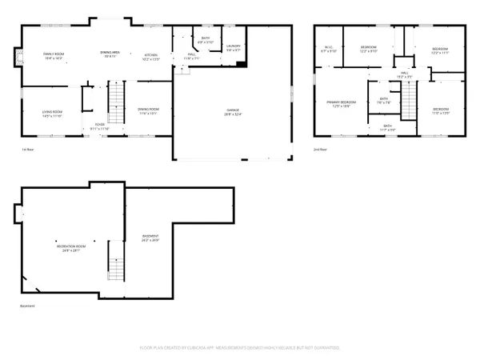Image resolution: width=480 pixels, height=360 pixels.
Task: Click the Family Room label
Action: [x=54, y=55]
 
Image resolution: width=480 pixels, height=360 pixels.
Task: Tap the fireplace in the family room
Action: [x=14, y=58]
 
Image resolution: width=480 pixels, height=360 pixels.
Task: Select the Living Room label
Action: [x=52, y=113]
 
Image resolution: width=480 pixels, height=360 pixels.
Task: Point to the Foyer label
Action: [x=100, y=126]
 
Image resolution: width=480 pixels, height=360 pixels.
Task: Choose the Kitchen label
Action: [x=150, y=55]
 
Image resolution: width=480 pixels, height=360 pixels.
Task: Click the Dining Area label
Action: [x=110, y=54]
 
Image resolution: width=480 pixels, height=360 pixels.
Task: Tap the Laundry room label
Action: [x=234, y=49]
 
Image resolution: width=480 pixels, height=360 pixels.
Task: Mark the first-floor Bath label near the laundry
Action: [x=206, y=40]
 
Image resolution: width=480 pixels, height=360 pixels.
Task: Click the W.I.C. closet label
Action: [x=328, y=50]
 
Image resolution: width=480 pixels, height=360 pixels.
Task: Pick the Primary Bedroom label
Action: [x=341, y=104]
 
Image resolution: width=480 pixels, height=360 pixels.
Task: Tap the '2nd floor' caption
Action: [x=320, y=150]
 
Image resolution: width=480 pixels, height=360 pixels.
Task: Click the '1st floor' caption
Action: [x=27, y=150]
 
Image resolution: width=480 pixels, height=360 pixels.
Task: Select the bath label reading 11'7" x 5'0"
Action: [x=387, y=126]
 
